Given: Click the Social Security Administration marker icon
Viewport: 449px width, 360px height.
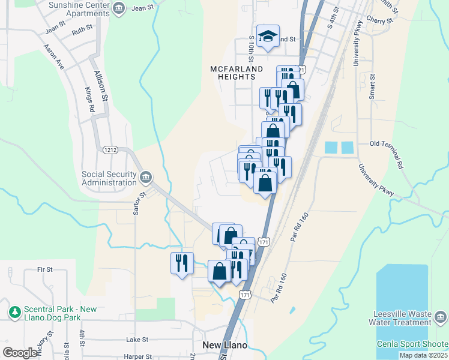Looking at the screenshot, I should [145, 178].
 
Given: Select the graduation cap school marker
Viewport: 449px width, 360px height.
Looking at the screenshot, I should [268, 36].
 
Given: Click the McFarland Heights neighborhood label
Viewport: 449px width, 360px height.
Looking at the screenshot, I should [237, 73].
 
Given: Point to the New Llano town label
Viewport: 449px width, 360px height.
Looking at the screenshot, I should [225, 345].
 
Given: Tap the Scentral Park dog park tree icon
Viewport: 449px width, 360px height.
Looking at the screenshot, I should [14, 312].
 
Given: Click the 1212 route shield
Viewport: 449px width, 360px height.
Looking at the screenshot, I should [110, 149].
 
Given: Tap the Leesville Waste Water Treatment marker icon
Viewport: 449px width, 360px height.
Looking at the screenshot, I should [441, 316].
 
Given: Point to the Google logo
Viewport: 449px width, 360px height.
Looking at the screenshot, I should [19, 353].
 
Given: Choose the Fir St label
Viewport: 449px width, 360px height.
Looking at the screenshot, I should [45, 269].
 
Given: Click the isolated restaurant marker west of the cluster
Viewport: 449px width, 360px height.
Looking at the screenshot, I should [181, 262].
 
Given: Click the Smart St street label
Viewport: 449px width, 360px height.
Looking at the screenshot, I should [373, 86].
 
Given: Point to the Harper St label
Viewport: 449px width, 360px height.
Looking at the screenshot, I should [139, 356].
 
